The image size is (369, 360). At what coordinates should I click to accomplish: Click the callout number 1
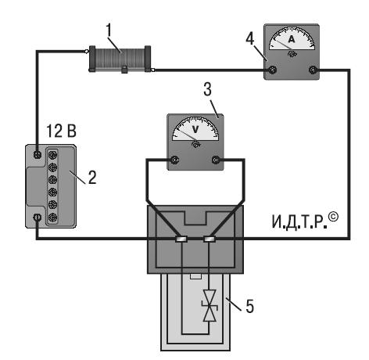109,31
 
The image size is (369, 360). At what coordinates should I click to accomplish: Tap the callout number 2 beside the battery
92,178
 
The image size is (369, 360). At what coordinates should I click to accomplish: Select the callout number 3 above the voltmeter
208,89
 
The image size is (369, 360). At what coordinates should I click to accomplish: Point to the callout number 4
250,38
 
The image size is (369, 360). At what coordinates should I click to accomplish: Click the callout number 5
249,306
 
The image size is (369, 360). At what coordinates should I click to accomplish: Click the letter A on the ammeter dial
292,39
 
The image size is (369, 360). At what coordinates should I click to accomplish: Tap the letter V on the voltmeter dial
195,129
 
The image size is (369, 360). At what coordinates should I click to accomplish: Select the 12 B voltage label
62,131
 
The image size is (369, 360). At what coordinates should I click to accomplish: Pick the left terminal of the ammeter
272,70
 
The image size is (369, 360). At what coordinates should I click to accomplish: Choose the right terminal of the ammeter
313,70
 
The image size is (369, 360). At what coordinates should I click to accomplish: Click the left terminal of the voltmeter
174,160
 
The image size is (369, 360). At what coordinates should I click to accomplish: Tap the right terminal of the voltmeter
216,160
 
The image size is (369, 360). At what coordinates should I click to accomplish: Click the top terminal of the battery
38,155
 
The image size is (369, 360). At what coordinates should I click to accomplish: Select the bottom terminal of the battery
38,217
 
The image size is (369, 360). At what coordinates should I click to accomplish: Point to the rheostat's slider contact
124,70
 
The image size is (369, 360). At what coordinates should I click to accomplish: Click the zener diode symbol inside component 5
210,305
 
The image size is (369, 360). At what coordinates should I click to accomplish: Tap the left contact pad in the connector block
181,239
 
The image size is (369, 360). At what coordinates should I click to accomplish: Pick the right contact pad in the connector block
210,239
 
